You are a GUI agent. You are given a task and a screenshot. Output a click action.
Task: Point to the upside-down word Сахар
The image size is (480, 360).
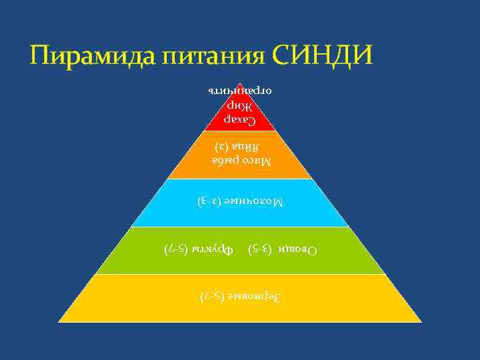[239, 121]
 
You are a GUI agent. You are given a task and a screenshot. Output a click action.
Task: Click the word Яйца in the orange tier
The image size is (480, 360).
[247, 145]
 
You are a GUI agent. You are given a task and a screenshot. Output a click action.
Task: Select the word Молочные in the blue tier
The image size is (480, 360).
[252, 200]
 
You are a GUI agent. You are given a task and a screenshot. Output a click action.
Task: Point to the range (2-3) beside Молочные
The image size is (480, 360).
[209, 200]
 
